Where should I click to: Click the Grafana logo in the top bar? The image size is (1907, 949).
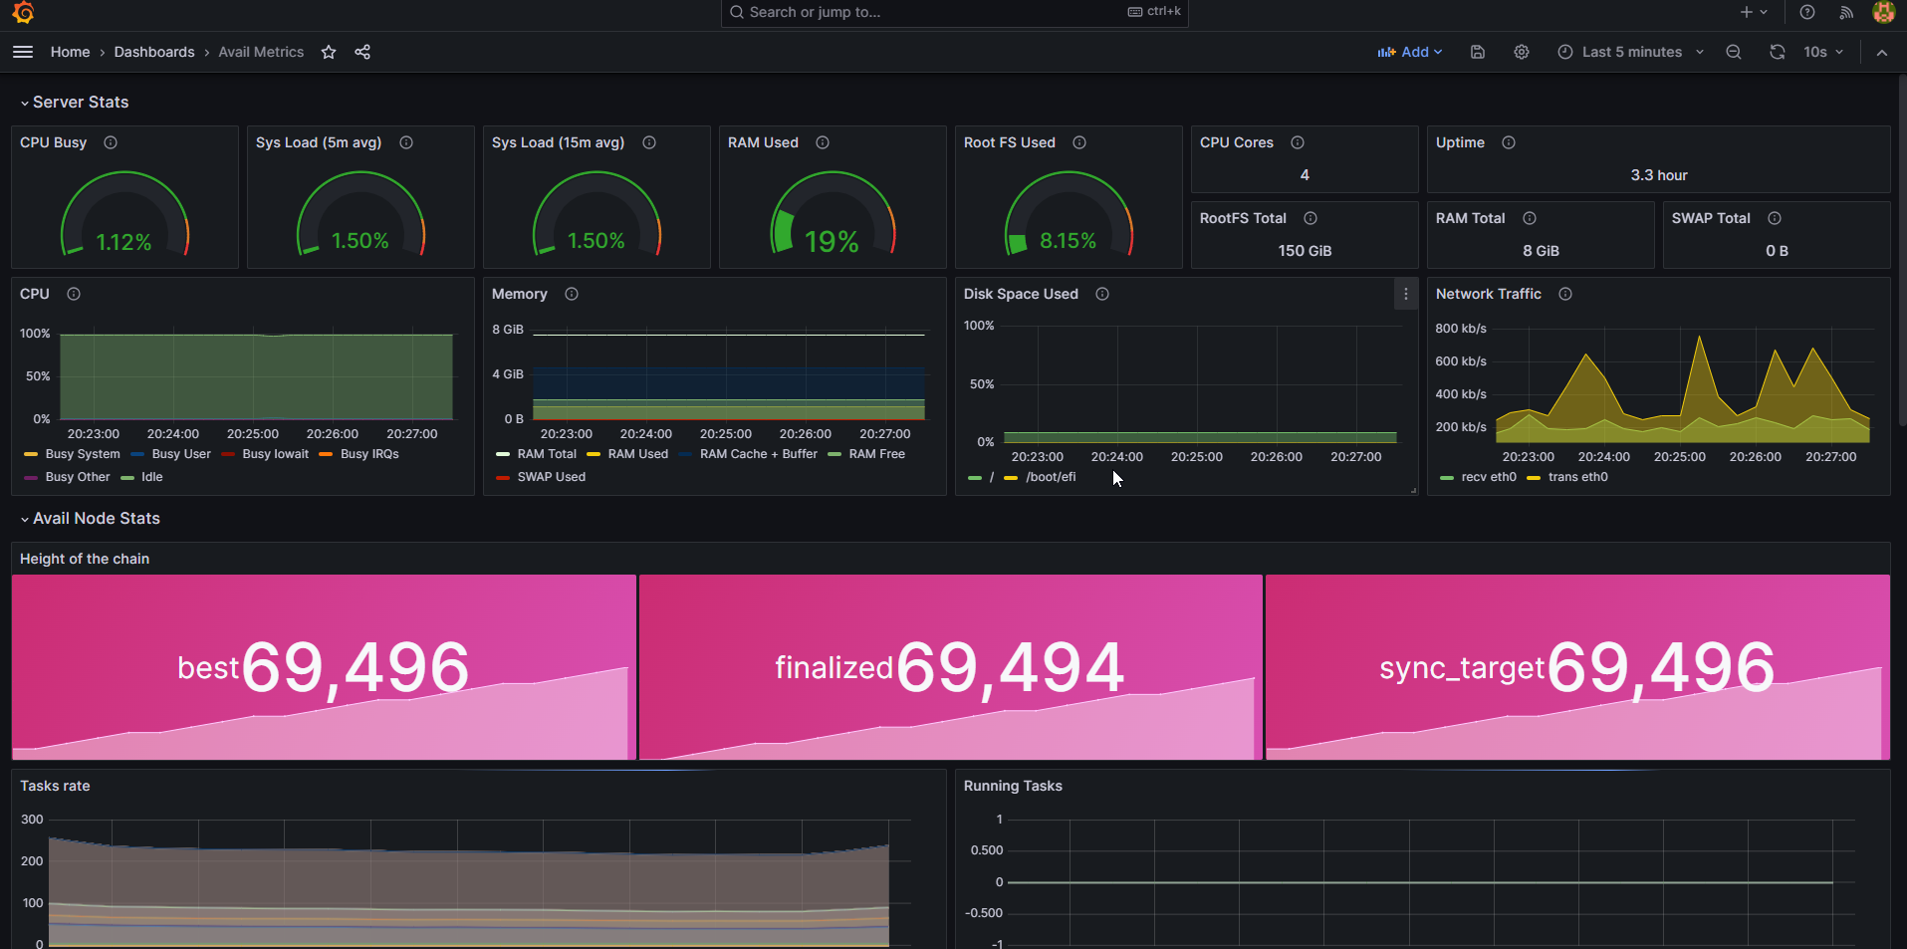[x=23, y=12]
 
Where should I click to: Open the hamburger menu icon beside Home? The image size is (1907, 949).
[x=23, y=52]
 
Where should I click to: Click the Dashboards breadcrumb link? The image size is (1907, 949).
[x=154, y=52]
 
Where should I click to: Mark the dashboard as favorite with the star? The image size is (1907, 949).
[x=329, y=52]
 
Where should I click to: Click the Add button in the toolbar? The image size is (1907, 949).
[x=1409, y=52]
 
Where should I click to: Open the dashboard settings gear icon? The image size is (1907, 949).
[x=1522, y=52]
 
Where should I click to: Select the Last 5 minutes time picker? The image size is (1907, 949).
[x=1631, y=52]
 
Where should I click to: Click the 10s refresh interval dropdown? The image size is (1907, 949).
[x=1822, y=52]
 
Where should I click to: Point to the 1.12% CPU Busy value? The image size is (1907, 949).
[x=123, y=242]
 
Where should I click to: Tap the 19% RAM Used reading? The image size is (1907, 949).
[x=832, y=242]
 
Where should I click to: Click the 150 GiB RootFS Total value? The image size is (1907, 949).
[x=1305, y=251]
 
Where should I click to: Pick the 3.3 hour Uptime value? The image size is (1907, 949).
[x=1659, y=175]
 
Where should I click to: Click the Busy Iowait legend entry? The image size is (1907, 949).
[x=275, y=454]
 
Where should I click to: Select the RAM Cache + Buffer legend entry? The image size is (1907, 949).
[x=758, y=454]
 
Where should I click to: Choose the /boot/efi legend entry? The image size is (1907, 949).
[x=1051, y=477]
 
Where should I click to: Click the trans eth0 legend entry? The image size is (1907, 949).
[x=1577, y=477]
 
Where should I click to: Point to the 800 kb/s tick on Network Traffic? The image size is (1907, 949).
[x=1461, y=329]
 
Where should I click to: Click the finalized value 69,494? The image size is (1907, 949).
[x=1010, y=667]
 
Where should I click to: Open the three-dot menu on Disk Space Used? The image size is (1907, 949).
[x=1405, y=294]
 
